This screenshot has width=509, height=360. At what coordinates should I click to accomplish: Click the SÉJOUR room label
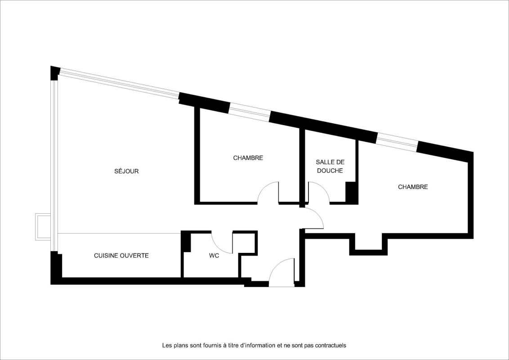pos(126,171)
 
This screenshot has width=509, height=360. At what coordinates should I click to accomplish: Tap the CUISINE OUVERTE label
pos(121,256)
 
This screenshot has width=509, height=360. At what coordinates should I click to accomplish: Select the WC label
pos(214,256)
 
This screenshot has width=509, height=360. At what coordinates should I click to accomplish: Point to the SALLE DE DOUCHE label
pos(330,166)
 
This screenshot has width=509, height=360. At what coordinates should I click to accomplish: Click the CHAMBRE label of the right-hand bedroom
pos(413,187)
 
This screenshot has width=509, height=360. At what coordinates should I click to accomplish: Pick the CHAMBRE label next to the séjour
pos(248,158)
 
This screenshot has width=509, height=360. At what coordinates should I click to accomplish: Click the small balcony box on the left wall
pos(43,227)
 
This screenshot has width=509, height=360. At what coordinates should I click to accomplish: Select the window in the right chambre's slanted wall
pos(397,142)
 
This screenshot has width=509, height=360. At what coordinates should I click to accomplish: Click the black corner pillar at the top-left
pos(55,73)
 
